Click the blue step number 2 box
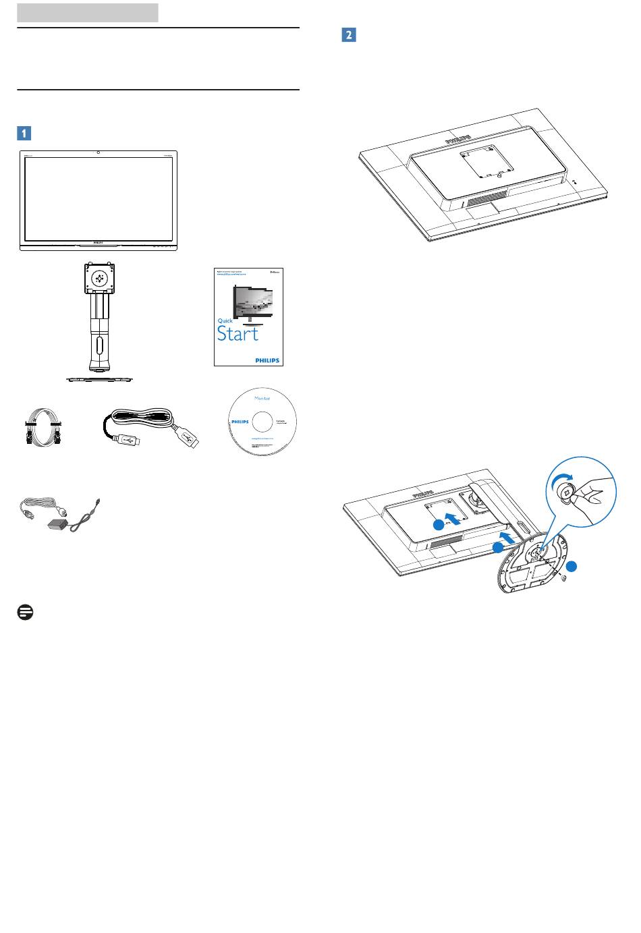[x=349, y=35]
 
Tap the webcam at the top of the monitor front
[x=99, y=152]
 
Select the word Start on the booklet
[x=238, y=334]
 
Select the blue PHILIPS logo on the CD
[x=240, y=419]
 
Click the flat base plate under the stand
[x=99, y=379]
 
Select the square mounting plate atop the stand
[x=99, y=278]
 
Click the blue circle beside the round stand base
[x=572, y=567]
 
